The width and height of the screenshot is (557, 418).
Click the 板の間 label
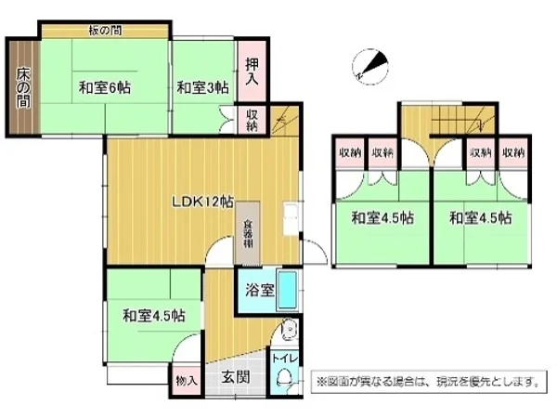104,30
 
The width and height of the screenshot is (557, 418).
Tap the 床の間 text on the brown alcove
21,85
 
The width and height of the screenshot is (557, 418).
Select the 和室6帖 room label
104,88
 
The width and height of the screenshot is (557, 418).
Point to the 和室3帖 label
202,88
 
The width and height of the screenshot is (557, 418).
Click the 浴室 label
259,290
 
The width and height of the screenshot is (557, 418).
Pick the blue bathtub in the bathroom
288,291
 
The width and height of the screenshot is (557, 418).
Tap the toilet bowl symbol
284,377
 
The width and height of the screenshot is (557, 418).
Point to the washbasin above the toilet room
288,328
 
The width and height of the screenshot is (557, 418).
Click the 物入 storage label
186,380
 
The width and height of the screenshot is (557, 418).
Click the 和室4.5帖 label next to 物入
153,315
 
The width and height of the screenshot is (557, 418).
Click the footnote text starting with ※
427,380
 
